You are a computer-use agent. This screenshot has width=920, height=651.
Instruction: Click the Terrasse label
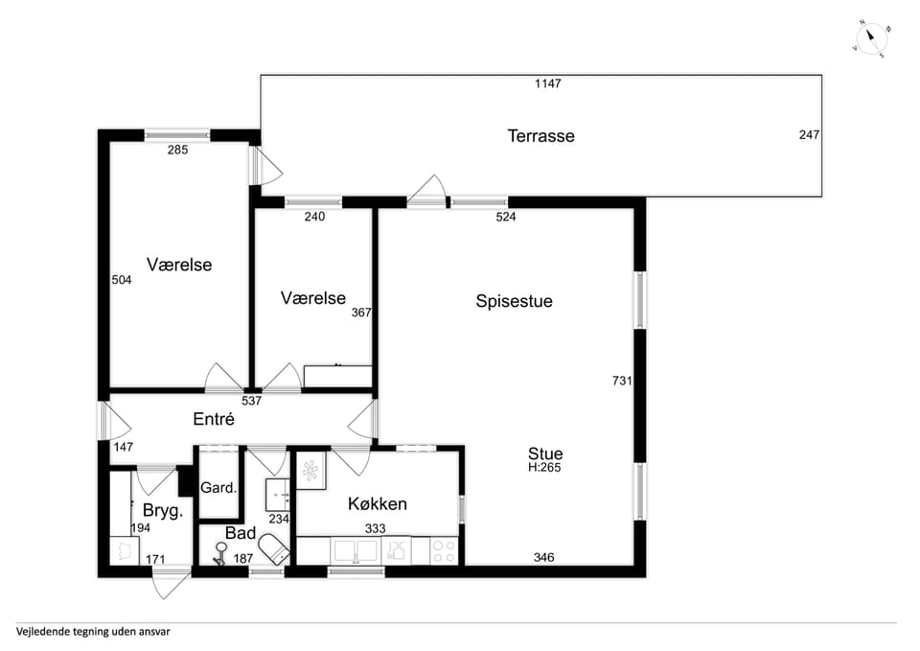pos(540,136)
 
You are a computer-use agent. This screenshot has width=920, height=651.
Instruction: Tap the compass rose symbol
pos(872,38)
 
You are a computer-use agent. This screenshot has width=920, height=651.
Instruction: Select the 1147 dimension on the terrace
pos(547,84)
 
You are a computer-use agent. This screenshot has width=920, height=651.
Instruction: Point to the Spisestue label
pos(514,301)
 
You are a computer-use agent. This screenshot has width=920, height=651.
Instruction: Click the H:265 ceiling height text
pos(544,467)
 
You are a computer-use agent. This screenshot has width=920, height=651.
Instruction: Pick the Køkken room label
pos(378,503)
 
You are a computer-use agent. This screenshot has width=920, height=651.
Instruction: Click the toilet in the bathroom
pos(274,548)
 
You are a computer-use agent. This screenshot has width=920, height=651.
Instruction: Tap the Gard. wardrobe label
pos(218,488)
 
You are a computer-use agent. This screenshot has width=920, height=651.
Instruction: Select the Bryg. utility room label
pos(163,511)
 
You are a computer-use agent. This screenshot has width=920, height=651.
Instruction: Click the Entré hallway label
pos(214,419)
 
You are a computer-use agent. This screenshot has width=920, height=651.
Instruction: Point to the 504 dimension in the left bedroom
pos(122,280)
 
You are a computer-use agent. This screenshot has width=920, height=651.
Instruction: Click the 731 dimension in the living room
pos(622,381)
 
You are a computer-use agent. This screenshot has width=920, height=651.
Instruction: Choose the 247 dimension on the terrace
pos(809,135)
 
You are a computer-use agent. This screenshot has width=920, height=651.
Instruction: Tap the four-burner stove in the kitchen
pos(444,551)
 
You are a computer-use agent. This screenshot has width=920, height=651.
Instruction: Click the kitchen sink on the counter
pos(356,551)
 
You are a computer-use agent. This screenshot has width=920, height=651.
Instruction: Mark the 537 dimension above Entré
pos(251,401)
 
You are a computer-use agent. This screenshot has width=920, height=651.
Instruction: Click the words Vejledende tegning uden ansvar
pos(93,632)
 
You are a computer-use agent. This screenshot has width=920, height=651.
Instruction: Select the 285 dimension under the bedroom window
pos(177,150)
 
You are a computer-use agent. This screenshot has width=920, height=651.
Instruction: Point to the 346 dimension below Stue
pos(543,557)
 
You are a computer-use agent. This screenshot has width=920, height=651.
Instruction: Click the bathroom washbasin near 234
pos(278,495)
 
